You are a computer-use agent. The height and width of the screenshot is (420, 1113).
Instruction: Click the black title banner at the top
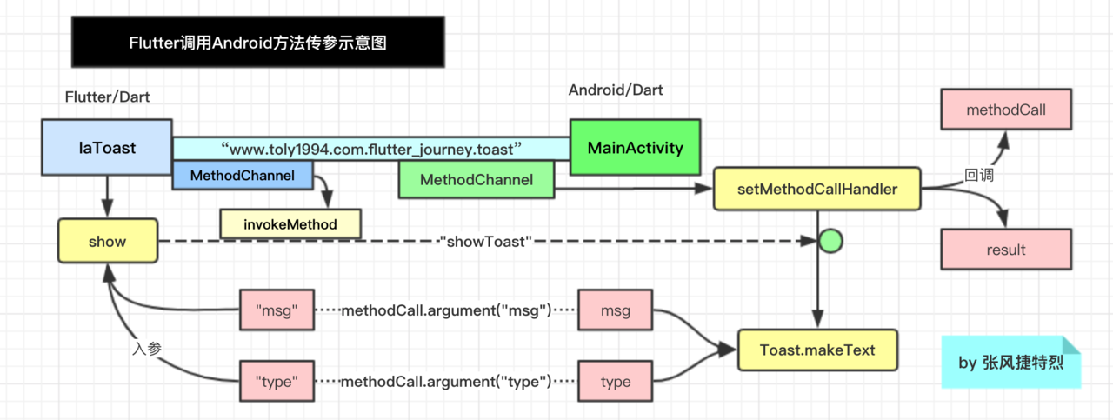[257, 43]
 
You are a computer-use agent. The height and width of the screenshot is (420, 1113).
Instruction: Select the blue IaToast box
[107, 147]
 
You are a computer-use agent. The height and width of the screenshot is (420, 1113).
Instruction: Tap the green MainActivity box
[635, 147]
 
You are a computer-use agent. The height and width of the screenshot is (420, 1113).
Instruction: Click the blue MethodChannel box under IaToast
[242, 176]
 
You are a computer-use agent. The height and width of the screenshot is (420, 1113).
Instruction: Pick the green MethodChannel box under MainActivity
[476, 180]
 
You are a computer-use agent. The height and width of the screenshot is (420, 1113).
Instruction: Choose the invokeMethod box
[290, 223]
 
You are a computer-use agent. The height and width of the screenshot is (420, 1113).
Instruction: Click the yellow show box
[108, 241]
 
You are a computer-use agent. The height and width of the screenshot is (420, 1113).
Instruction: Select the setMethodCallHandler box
[816, 189]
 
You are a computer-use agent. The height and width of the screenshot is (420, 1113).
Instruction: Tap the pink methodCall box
[1006, 111]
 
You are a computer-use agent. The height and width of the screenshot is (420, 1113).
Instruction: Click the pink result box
[1006, 250]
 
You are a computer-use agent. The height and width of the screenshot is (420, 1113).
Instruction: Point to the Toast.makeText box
[816, 350]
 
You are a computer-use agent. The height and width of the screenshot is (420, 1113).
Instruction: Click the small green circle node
[830, 241]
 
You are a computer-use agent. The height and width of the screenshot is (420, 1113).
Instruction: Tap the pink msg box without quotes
[616, 310]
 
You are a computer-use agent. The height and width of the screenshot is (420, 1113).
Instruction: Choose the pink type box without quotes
[616, 382]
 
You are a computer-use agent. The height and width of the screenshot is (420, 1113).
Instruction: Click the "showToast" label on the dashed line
[484, 242]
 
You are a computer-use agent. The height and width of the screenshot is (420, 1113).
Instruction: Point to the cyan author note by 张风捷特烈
[1010, 363]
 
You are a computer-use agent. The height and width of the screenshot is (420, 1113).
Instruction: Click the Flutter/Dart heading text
[108, 97]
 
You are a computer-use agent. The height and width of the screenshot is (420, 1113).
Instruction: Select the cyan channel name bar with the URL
[371, 149]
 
